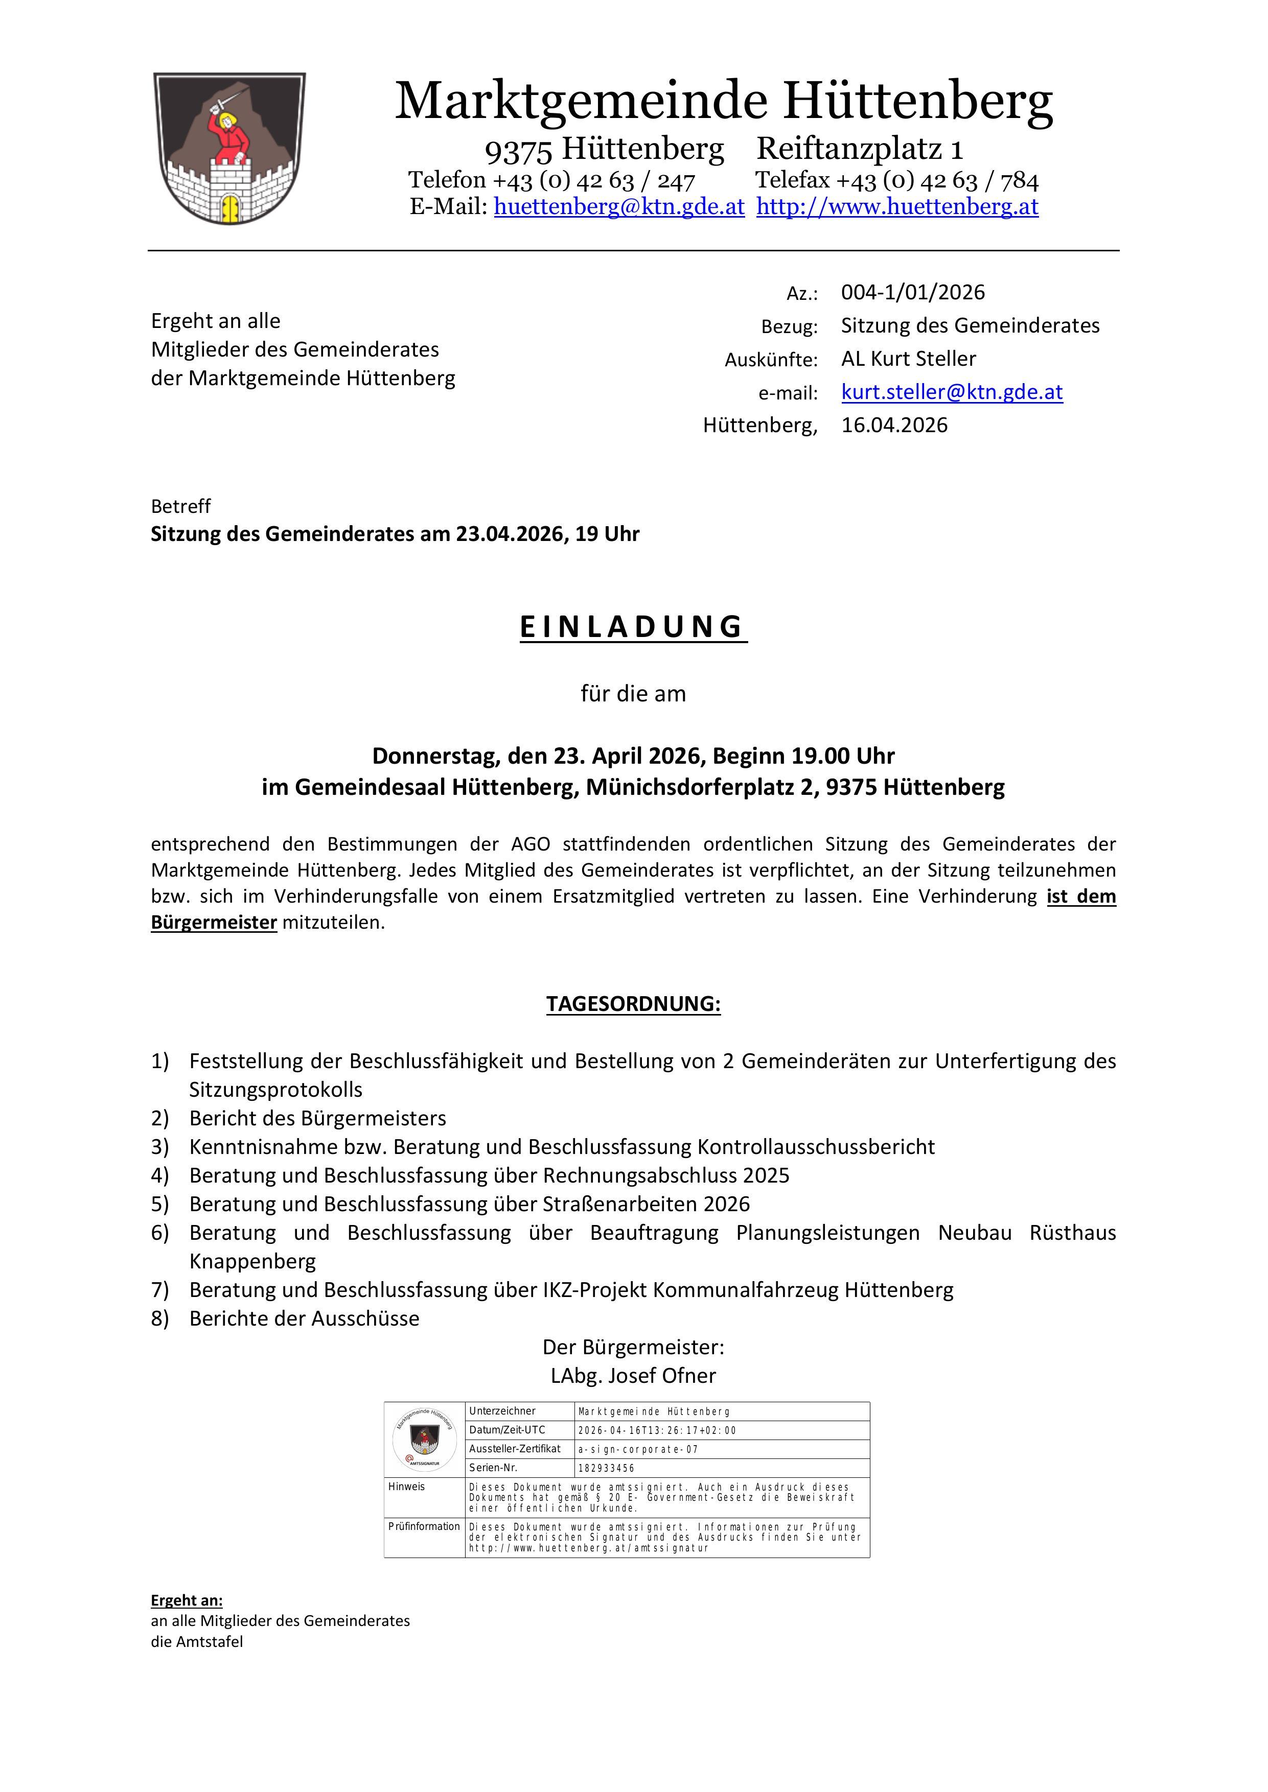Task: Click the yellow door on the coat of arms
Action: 229,209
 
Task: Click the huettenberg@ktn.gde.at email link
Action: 618,207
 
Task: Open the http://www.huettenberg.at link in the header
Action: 897,207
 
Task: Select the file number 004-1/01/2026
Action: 913,293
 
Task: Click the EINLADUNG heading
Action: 632,627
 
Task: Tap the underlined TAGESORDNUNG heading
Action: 632,1004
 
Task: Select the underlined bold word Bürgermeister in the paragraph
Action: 214,923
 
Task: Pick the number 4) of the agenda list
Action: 160,1175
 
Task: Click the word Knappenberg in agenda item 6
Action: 252,1261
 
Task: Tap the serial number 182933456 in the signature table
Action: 606,1468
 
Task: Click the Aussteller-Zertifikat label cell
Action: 515,1449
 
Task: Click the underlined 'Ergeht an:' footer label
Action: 187,1601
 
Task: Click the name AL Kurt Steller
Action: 908,359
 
